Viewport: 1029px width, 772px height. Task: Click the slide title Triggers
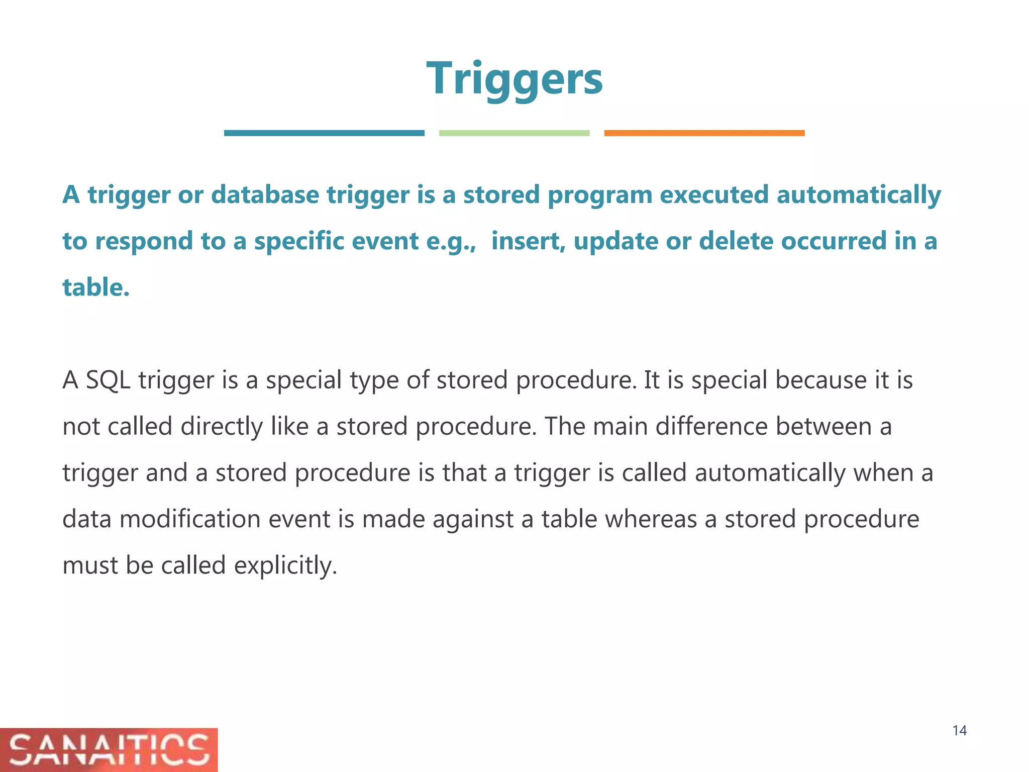coord(514,78)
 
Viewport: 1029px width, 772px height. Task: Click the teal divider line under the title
coord(324,133)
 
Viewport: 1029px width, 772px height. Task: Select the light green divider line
coord(514,133)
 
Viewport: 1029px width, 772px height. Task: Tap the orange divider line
coord(704,133)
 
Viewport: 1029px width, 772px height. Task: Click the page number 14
coord(959,730)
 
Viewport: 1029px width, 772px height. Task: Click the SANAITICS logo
coord(109,749)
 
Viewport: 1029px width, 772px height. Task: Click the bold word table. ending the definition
coord(96,287)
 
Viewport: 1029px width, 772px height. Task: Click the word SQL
coord(108,380)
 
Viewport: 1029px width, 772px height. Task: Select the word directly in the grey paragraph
coord(222,427)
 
